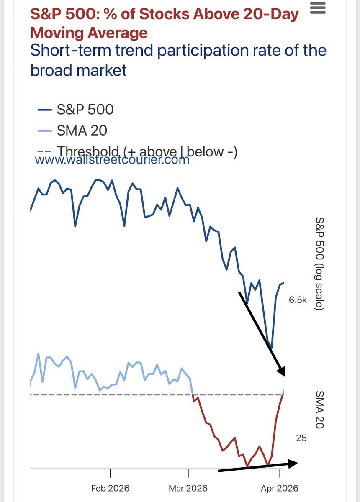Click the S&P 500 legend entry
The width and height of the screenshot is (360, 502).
click(85, 110)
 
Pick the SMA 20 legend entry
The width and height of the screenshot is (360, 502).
click(82, 131)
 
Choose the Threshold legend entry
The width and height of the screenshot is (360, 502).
click(147, 151)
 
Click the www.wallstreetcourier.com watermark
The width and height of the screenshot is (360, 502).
click(112, 160)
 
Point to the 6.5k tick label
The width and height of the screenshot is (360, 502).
click(297, 300)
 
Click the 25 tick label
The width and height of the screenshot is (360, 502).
click(301, 438)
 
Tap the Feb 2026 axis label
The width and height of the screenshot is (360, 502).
click(111, 488)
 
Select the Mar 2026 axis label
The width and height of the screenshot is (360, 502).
click(188, 488)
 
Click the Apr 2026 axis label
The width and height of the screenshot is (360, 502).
click(280, 488)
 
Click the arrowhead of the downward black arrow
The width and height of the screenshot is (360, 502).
click(281, 371)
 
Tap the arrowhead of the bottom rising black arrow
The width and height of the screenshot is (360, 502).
click(293, 463)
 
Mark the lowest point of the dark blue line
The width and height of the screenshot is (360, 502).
click(272, 348)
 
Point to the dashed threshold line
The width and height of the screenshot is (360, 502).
click(126, 395)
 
